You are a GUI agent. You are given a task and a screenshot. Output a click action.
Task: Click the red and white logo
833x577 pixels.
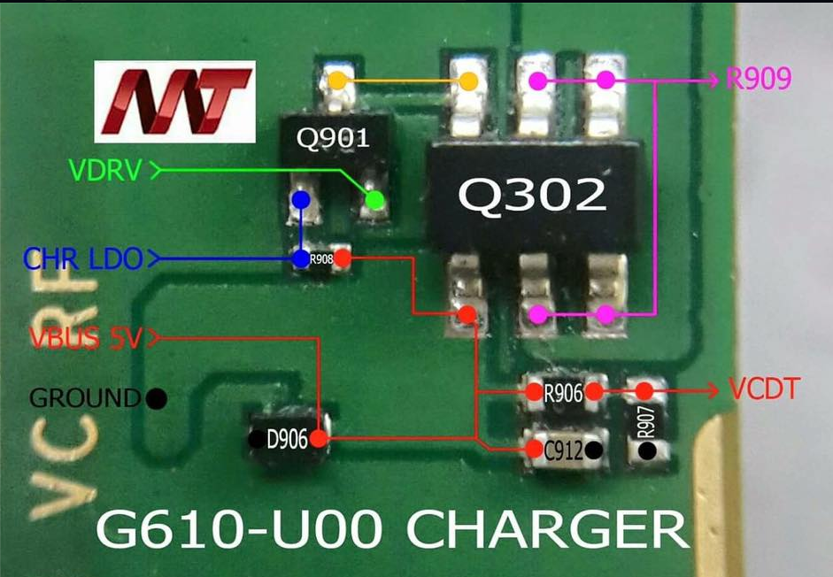[176, 101]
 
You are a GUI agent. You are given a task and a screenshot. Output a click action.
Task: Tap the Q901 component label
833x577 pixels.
[332, 138]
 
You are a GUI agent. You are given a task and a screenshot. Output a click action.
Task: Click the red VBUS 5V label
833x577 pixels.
[85, 338]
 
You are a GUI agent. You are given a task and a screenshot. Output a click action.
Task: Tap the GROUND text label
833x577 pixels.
[85, 397]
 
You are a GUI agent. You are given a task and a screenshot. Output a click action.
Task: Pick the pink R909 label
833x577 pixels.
[758, 81]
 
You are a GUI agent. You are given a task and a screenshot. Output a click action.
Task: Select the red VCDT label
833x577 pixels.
[765, 389]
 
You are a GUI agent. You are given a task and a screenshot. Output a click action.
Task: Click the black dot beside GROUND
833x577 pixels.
[158, 398]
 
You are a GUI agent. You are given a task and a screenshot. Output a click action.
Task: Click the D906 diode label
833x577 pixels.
[286, 438]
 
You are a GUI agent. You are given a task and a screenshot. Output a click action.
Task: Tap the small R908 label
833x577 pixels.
[320, 259]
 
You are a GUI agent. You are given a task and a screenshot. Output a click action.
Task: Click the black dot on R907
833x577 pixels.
[648, 451]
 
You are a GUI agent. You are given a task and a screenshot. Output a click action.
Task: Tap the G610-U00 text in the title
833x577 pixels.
[240, 533]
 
